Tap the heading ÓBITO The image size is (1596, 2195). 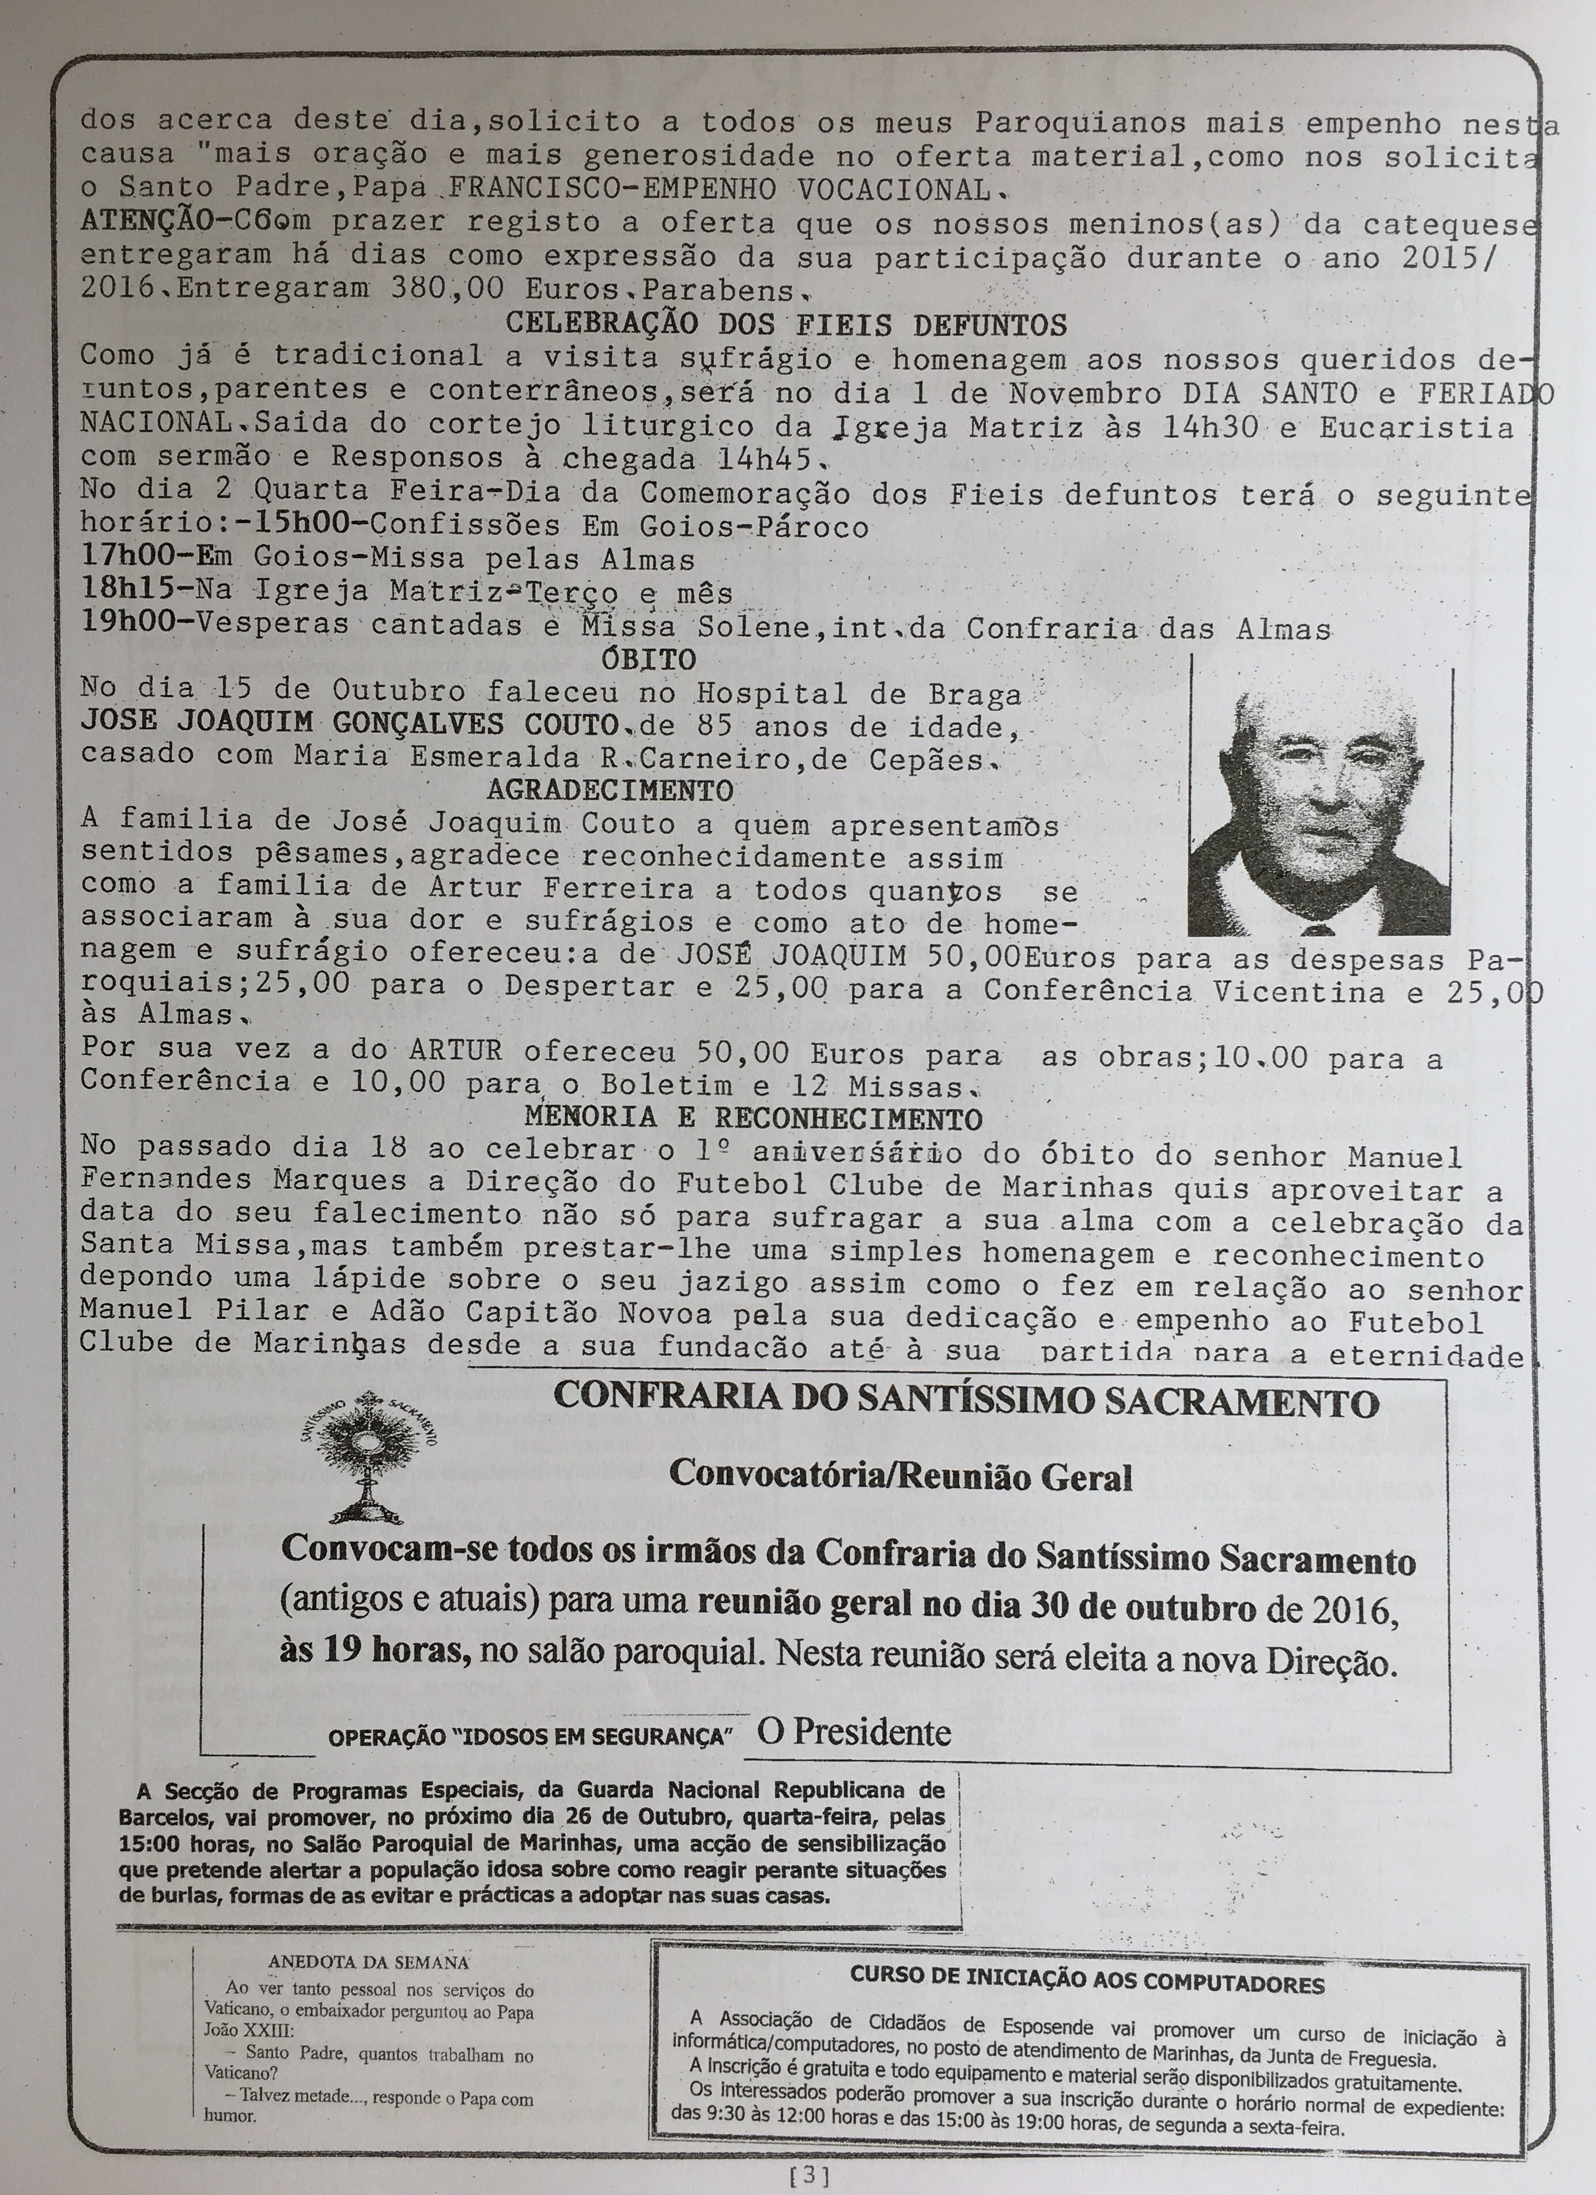[648, 660]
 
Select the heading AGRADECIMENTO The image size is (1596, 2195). [610, 790]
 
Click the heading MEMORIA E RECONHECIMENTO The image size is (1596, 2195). [753, 1117]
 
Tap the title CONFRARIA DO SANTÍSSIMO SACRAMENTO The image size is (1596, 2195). [965, 1401]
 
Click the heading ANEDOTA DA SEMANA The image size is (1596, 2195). [368, 1935]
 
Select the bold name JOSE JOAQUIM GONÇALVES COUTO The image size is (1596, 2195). [349, 724]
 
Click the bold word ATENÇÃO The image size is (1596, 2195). [155, 221]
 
